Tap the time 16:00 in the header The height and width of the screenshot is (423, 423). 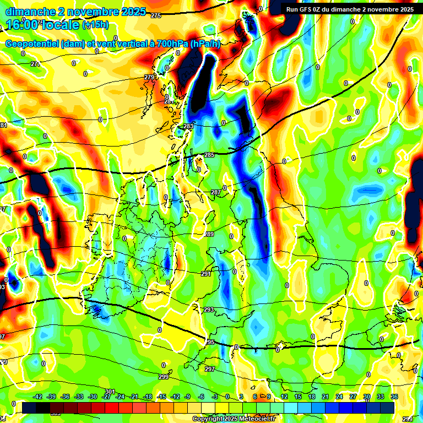pos(23,25)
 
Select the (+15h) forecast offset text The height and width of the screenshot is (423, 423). pos(95,25)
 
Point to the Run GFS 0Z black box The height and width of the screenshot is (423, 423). pos(349,9)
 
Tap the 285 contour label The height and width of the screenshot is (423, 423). pos(209,155)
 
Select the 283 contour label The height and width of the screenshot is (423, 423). pos(188,126)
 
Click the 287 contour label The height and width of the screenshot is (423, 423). pos(216,192)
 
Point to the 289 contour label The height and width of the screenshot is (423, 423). pos(209,234)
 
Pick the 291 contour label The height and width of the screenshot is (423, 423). pos(206,274)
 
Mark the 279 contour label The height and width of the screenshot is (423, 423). pos(149,78)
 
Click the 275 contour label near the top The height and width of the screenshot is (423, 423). pos(156,16)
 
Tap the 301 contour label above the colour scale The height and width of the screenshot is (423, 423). pos(110,392)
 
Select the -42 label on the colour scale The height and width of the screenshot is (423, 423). pos(37,397)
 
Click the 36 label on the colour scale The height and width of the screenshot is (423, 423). pos(394,397)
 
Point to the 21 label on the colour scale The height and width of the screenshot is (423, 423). pos(326,397)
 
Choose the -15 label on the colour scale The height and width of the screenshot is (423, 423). pos(161,397)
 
